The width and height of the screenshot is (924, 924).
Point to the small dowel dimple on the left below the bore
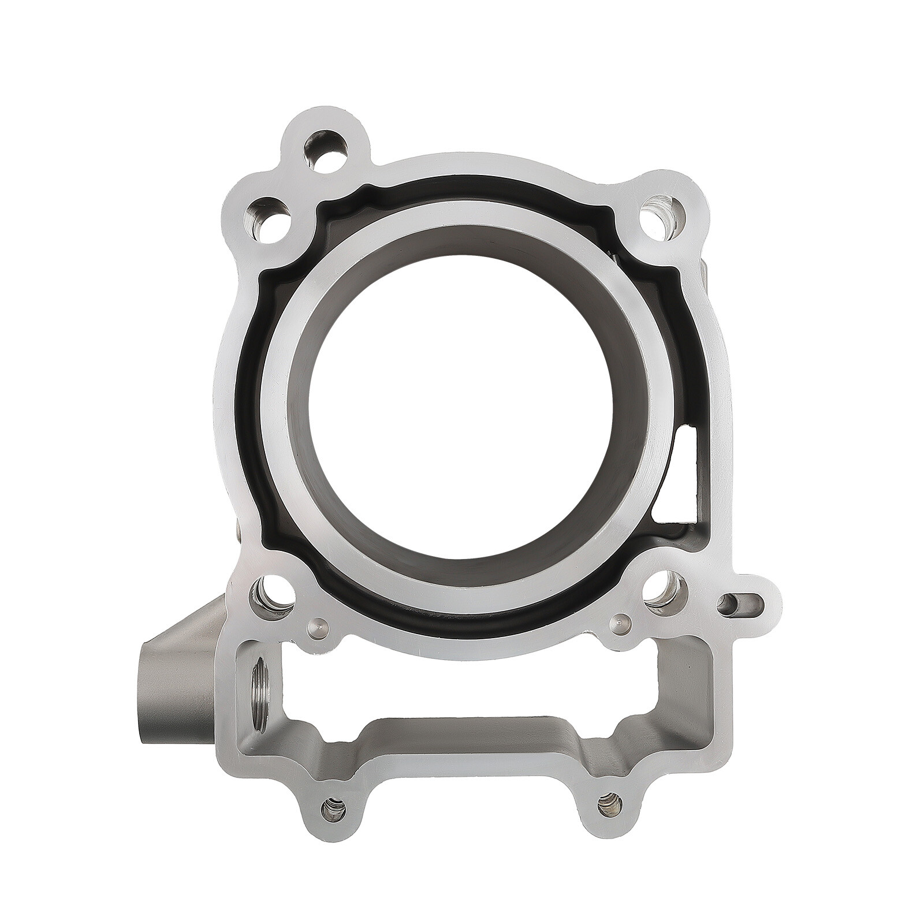pyautogui.click(x=318, y=625)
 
